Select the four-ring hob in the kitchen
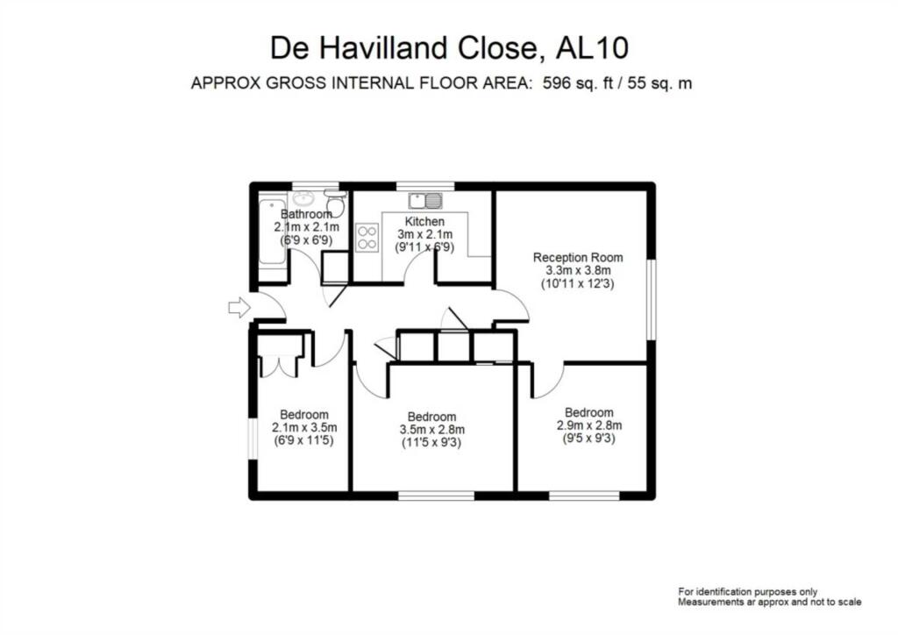367,238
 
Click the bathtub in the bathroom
269,236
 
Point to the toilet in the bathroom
335,204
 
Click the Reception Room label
578,257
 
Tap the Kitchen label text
424,221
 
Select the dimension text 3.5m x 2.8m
431,430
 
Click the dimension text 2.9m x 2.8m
588,426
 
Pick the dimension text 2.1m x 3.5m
304,428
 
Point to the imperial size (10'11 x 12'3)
578,284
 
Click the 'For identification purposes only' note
753,590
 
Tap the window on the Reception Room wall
651,298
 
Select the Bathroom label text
306,214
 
